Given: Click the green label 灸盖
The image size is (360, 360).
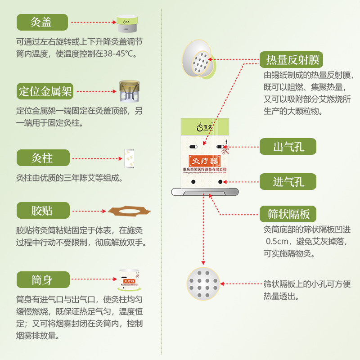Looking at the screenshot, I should coord(42,22).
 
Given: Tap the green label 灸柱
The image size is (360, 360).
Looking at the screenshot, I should coord(42,158).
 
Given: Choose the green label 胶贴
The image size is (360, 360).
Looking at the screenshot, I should coord(42,210).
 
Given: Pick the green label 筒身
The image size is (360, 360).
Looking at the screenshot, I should coord(42,280).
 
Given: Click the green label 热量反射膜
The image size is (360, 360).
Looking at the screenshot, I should coord(292,60).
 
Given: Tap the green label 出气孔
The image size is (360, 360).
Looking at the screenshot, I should coord(288,147).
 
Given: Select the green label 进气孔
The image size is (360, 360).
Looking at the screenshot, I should coord(288,182).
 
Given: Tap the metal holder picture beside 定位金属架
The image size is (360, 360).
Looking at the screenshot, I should coord(129,92).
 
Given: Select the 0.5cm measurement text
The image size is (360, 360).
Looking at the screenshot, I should coord(278,242).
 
